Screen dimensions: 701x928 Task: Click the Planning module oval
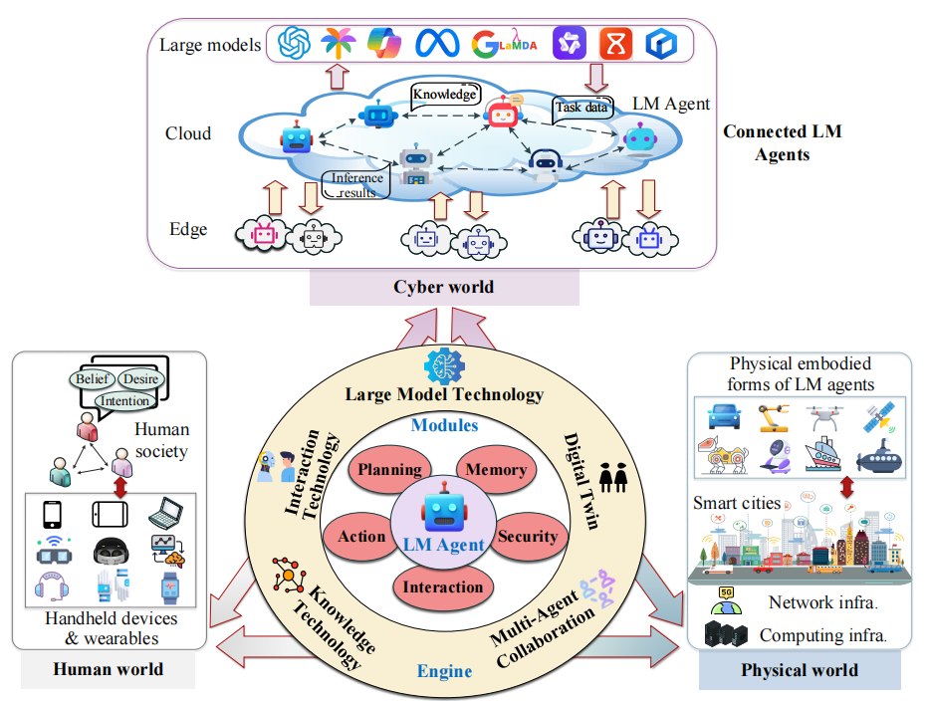coord(389,470)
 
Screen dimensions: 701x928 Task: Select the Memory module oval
coord(495,470)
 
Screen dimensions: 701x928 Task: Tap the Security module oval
coord(528,537)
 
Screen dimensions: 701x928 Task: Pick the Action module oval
coord(361,537)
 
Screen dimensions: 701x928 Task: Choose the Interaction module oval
coord(443,586)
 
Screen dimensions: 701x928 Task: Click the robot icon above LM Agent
coord(443,512)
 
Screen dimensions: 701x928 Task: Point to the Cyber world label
coord(443,288)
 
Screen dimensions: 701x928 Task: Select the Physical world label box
coord(799,670)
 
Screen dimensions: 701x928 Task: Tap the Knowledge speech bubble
coord(445,95)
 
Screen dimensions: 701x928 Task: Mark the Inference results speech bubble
coord(356,185)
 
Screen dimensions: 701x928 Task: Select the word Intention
coord(125,401)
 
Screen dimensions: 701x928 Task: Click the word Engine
coord(444,670)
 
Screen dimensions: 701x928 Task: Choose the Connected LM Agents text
coord(782,143)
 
